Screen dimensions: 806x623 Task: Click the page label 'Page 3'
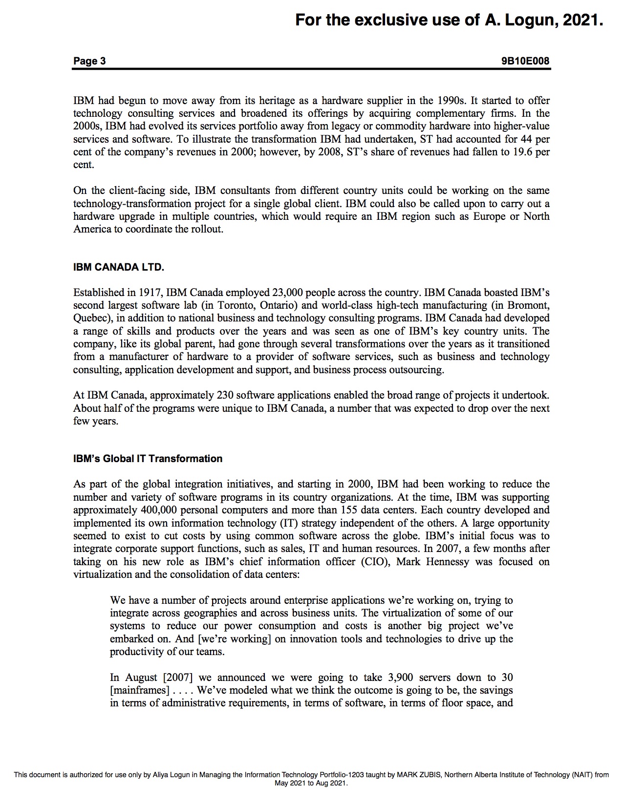[89, 61]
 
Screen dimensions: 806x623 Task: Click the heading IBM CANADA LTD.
[119, 267]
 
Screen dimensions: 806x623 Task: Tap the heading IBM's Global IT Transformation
[148, 459]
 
